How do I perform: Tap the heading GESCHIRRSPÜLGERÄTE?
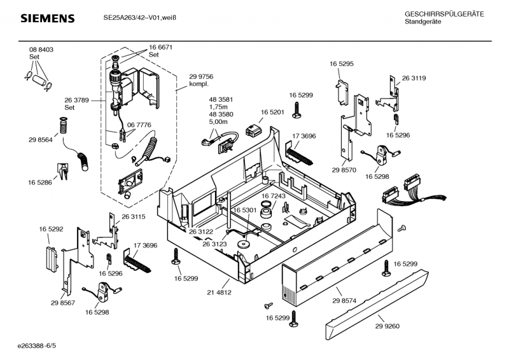tap(444, 14)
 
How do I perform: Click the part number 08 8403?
tap(41, 50)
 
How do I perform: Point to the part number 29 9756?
tap(201, 76)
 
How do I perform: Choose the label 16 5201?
tap(272, 112)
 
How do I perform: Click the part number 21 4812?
tap(219, 292)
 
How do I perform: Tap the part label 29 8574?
tap(344, 300)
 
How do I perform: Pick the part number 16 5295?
tap(342, 64)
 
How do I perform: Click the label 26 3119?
tap(414, 78)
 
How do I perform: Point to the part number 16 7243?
tap(274, 196)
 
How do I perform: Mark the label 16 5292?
tap(51, 228)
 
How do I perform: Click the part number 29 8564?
tap(41, 140)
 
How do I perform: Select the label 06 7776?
tap(139, 125)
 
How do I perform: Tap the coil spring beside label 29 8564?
tap(63, 126)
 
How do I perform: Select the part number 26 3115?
tap(134, 216)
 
